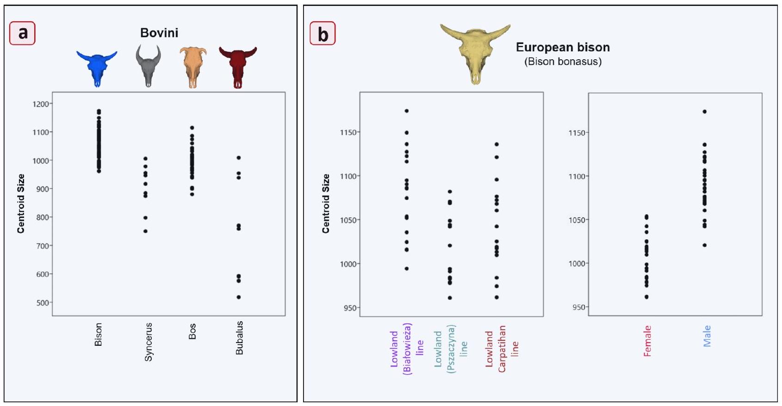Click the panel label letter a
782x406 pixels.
(x=22, y=33)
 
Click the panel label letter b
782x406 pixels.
(x=323, y=34)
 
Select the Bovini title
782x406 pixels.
(x=159, y=33)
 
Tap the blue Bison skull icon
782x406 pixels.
(x=97, y=68)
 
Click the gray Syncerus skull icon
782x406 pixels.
(x=148, y=66)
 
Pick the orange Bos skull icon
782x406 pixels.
(x=192, y=67)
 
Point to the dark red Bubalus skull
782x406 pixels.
(x=238, y=67)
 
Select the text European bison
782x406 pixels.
(x=563, y=47)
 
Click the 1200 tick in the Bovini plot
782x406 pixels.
(x=41, y=104)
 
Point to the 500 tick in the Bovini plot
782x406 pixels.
(x=42, y=303)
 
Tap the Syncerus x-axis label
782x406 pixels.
(x=148, y=342)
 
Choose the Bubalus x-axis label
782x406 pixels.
(x=239, y=338)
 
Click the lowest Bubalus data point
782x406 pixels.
(x=239, y=297)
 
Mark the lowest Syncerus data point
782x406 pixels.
(x=145, y=231)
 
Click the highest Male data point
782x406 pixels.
(x=704, y=112)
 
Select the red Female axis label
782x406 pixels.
(x=647, y=341)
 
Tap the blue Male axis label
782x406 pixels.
(x=707, y=336)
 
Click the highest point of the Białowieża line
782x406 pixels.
(x=406, y=111)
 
